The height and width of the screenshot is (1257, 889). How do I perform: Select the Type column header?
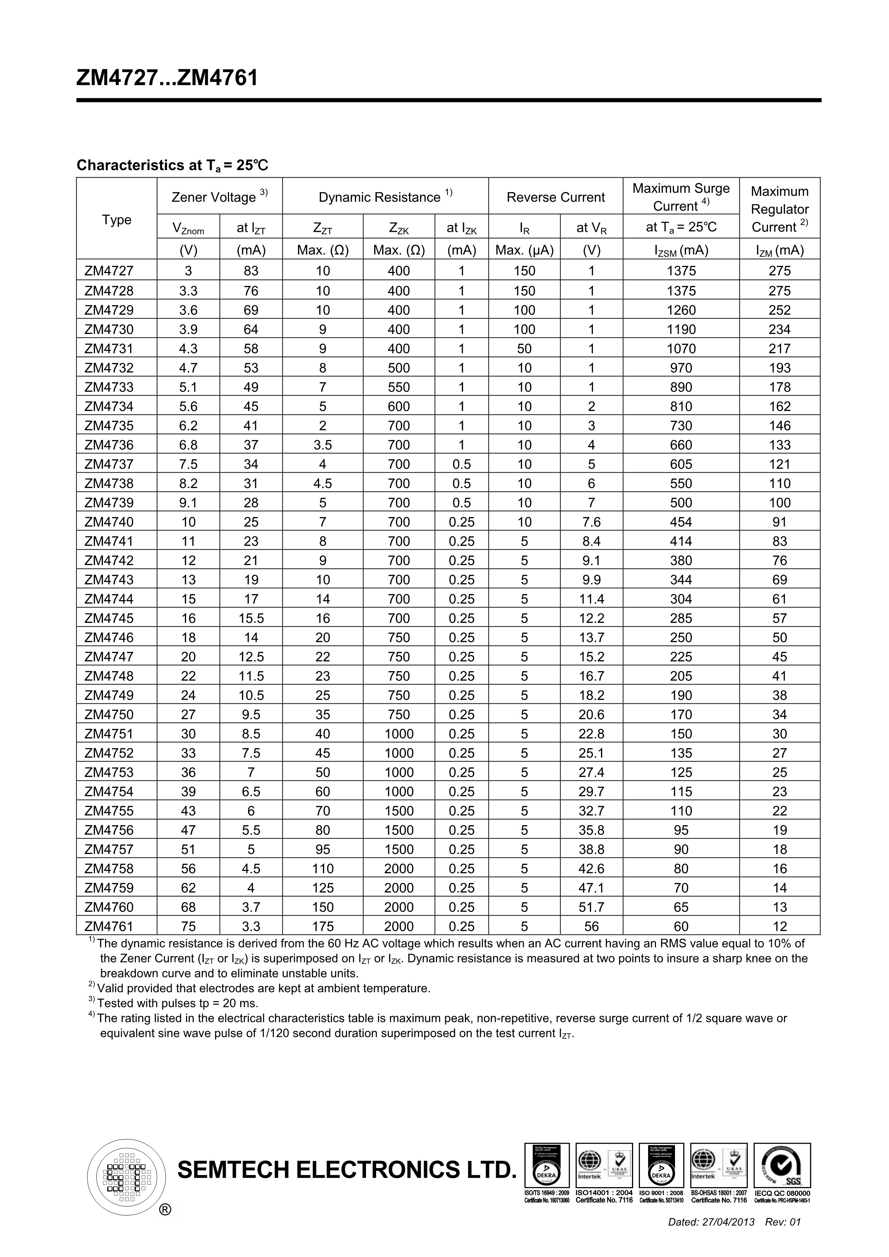point(116,220)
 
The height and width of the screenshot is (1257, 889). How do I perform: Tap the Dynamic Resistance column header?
point(385,197)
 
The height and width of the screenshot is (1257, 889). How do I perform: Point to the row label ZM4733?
point(109,387)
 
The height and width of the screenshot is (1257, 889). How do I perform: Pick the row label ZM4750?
point(109,714)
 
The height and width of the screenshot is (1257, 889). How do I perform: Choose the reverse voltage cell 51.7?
point(591,907)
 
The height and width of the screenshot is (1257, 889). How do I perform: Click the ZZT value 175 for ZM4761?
point(323,926)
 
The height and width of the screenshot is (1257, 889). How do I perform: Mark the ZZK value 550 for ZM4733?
point(398,387)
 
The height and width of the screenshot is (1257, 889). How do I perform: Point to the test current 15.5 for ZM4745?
point(251,618)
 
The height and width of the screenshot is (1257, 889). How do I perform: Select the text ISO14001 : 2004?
point(604,1193)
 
